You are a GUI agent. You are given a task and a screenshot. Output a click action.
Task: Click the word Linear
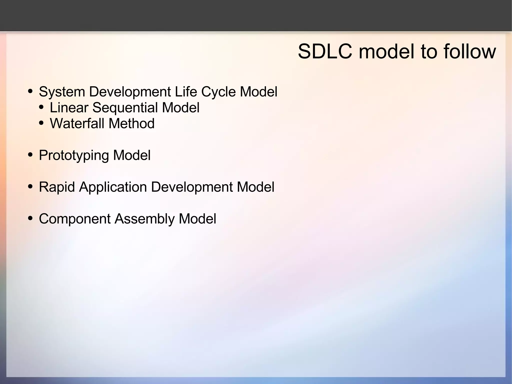point(69,108)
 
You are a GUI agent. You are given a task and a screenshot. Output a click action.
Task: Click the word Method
point(131,124)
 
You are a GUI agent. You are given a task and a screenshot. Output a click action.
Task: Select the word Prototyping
point(74,156)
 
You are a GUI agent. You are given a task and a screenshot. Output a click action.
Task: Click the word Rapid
point(57,187)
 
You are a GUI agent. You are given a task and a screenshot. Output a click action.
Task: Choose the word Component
point(74,219)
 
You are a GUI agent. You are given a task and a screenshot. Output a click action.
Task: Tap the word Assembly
point(144,219)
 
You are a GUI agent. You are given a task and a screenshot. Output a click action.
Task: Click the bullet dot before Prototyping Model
point(30,155)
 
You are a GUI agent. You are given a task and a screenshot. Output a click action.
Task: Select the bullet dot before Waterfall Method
point(41,123)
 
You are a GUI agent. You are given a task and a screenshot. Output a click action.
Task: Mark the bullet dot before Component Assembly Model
point(30,218)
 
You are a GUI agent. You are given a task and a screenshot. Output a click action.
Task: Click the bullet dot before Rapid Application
point(30,187)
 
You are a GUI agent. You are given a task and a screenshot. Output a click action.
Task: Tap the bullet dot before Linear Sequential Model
point(41,107)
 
